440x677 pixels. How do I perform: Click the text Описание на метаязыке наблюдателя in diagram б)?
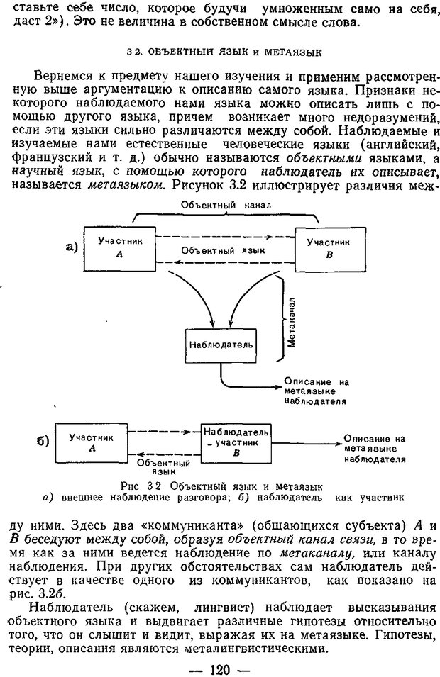click(x=375, y=449)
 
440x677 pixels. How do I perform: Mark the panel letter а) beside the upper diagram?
click(x=70, y=247)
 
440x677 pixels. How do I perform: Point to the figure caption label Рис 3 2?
click(x=136, y=486)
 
